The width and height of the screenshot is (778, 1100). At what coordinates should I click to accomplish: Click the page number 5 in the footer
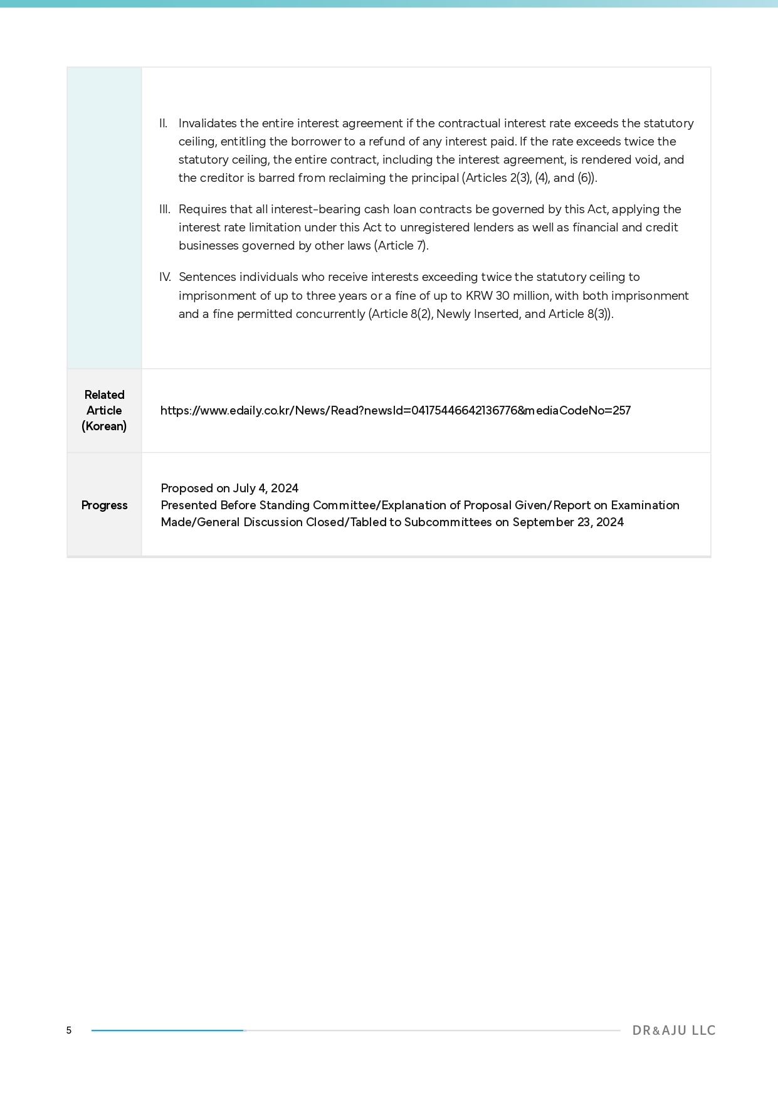pyautogui.click(x=69, y=1030)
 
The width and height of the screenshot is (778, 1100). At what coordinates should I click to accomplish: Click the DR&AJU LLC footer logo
pyautogui.click(x=673, y=1030)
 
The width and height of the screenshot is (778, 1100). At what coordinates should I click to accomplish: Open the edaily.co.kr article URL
pyautogui.click(x=395, y=411)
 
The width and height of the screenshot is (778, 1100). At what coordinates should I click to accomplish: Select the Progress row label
pyautogui.click(x=104, y=505)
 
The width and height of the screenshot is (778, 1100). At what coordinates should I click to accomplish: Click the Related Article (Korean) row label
pyautogui.click(x=104, y=411)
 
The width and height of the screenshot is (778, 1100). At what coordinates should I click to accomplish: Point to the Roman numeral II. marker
pyautogui.click(x=164, y=124)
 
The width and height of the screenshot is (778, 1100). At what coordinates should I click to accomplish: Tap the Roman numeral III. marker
pyautogui.click(x=165, y=209)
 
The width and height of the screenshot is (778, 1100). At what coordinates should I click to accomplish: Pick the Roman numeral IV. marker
pyautogui.click(x=165, y=277)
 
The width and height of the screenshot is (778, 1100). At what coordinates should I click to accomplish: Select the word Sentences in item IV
pyautogui.click(x=207, y=277)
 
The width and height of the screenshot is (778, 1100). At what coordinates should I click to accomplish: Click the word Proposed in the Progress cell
pyautogui.click(x=187, y=489)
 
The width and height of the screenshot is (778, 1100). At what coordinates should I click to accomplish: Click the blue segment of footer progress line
pyautogui.click(x=167, y=1030)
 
